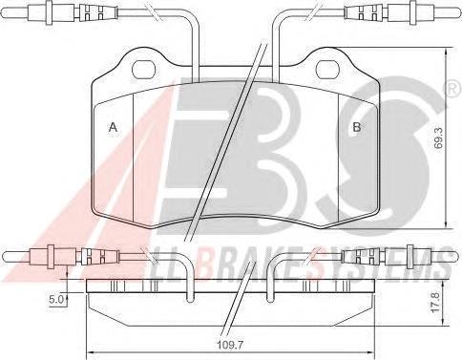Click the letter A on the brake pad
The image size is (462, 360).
coord(114,128)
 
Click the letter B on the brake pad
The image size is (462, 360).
coord(356,128)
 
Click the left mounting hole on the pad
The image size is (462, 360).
coord(144,69)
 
